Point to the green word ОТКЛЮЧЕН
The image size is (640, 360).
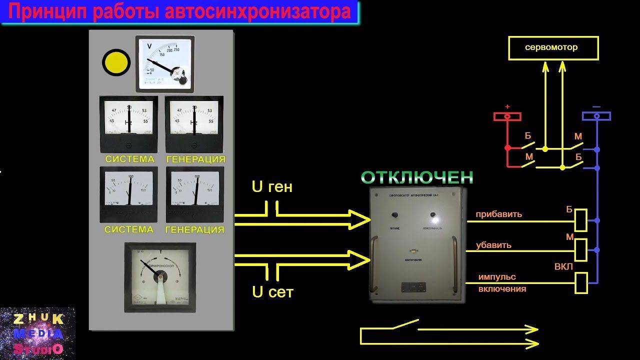(416, 177)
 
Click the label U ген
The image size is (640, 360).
(272, 187)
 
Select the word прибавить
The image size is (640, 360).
(498, 214)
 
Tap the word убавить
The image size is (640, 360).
(493, 245)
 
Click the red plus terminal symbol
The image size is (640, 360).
(507, 116)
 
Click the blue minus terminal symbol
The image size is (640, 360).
(596, 116)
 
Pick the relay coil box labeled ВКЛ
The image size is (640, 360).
(581, 282)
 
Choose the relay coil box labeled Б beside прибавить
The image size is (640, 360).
(581, 220)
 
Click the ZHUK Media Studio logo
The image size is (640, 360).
(38, 332)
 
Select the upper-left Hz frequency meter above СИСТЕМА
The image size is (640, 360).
(129, 123)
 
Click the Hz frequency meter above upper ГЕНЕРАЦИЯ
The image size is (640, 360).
(194, 123)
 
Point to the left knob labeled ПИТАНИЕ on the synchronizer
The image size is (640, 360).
(394, 215)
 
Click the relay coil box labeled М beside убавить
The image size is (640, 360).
(581, 249)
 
